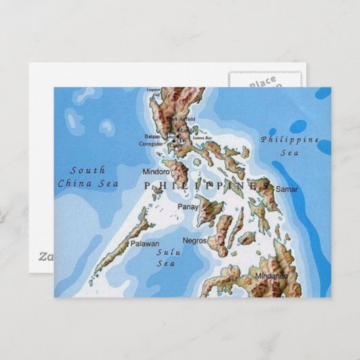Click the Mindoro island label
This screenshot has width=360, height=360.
click(x=156, y=172)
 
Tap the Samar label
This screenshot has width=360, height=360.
click(x=287, y=188)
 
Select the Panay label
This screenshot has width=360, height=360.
click(x=187, y=206)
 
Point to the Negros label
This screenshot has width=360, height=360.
click(x=195, y=240)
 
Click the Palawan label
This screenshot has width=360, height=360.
click(x=145, y=243)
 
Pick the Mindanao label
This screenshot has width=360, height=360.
click(x=271, y=276)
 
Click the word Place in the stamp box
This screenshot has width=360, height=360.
click(x=262, y=82)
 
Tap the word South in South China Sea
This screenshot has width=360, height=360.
click(x=88, y=170)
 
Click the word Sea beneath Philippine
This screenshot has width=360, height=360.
click(x=288, y=153)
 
